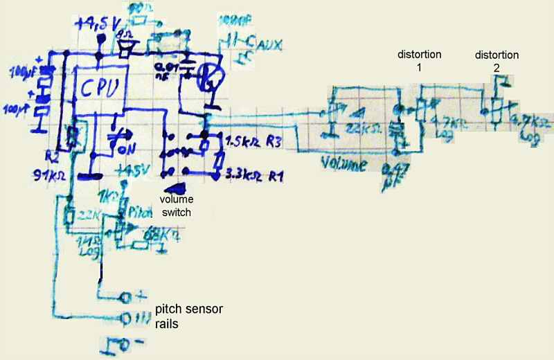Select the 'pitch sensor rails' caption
188,314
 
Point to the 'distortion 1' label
420,60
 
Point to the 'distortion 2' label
496,60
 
